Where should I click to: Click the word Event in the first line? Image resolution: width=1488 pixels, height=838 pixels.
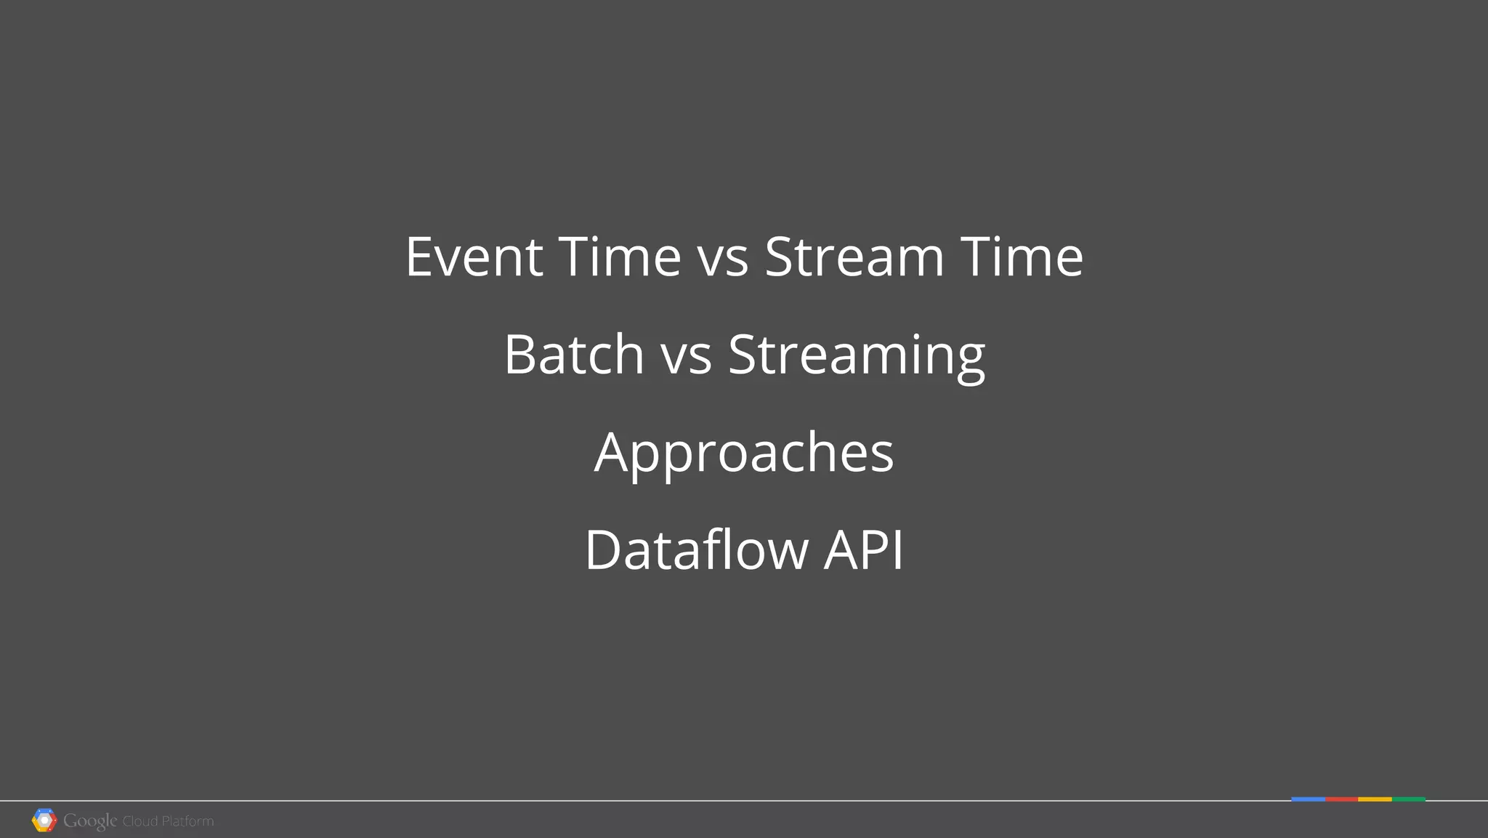(474, 257)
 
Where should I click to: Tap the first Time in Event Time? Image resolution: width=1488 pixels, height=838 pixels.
(620, 257)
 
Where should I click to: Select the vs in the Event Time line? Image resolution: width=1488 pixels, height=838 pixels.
(723, 258)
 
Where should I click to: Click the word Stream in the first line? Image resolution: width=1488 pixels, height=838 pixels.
(854, 257)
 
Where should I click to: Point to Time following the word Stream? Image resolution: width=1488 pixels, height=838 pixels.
(1022, 257)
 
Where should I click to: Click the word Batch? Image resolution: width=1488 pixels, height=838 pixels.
(574, 355)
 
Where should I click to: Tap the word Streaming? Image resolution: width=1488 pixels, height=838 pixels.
(857, 356)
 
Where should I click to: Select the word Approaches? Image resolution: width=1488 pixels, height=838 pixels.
(744, 453)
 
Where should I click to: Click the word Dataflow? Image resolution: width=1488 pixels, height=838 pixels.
(696, 550)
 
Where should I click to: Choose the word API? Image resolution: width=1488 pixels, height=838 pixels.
(864, 550)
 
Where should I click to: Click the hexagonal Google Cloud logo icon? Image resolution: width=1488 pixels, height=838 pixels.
(44, 821)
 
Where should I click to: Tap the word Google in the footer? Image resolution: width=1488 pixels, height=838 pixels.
(89, 821)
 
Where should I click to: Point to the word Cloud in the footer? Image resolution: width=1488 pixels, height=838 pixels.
(139, 821)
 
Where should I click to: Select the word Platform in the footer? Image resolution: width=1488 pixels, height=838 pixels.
(187, 821)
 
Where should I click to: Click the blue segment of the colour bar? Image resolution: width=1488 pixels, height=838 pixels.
(1308, 799)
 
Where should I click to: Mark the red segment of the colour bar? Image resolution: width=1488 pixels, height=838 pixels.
(1341, 799)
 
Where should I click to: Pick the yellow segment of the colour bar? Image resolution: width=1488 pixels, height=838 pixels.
(1375, 799)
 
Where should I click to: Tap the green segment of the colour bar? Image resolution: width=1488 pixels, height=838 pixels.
(1409, 799)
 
